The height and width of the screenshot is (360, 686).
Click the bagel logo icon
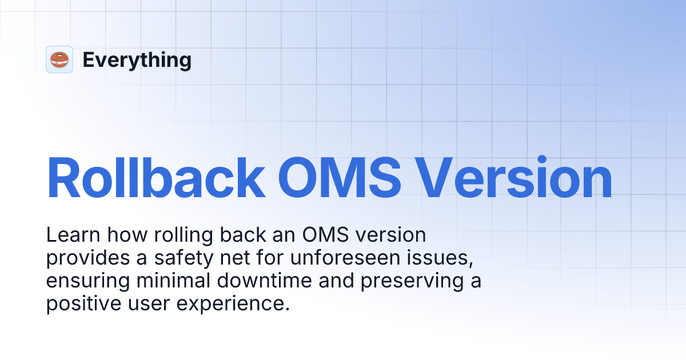point(59,59)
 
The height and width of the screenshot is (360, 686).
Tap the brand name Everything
point(137,59)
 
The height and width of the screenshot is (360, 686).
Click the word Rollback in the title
point(155,177)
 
